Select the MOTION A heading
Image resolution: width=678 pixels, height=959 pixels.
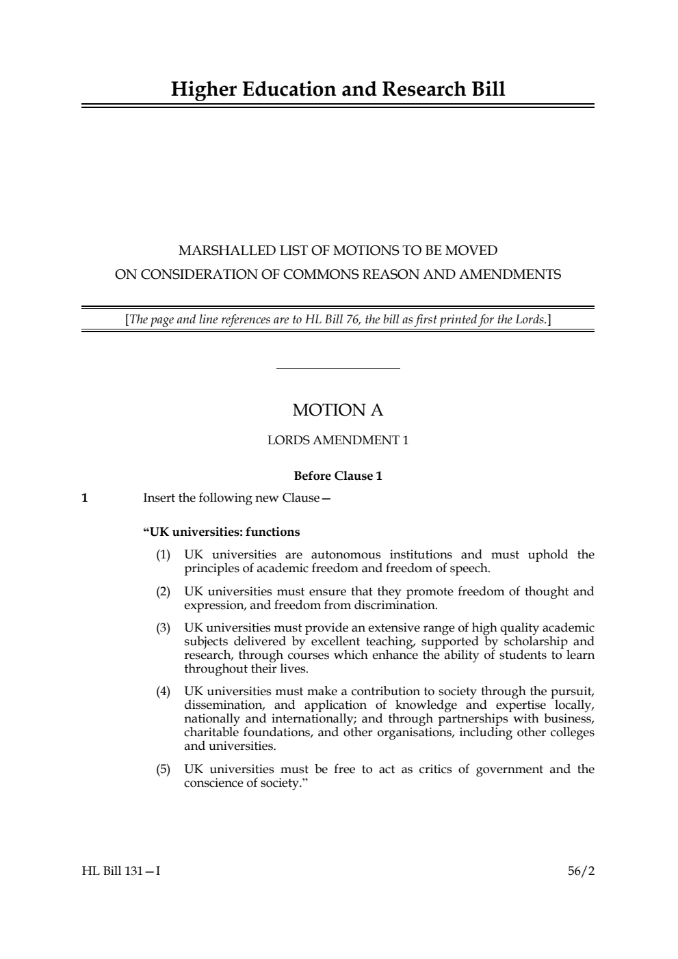(x=338, y=410)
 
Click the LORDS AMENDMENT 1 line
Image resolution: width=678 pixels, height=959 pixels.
(x=338, y=440)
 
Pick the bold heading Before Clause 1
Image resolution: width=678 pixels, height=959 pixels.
(x=338, y=476)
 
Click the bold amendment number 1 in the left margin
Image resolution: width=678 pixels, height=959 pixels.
(x=85, y=498)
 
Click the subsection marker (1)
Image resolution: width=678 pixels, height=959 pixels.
(x=163, y=554)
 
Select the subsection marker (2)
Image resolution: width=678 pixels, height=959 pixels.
(x=163, y=591)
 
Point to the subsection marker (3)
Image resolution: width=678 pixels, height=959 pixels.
(x=163, y=627)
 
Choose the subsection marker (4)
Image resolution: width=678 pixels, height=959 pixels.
(x=163, y=691)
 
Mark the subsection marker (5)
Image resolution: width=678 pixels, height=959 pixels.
(x=163, y=769)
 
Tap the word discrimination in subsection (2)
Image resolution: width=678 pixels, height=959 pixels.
(x=395, y=605)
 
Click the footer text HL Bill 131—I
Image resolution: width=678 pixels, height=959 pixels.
(x=121, y=871)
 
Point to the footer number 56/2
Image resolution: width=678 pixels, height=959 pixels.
(x=581, y=871)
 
